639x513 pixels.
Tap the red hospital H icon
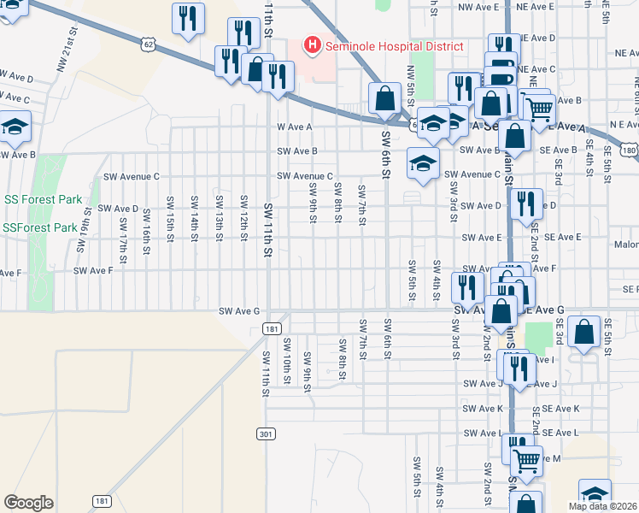313,45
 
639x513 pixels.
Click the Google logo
28,503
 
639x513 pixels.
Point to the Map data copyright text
603,506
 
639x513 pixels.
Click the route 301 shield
266,434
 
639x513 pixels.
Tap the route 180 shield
630,150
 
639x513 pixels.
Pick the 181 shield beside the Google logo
103,501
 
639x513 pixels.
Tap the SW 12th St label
243,215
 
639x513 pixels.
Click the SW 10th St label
286,358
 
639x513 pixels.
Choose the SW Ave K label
483,409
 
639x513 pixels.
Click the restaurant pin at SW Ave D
525,203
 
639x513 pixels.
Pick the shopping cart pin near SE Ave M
527,460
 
